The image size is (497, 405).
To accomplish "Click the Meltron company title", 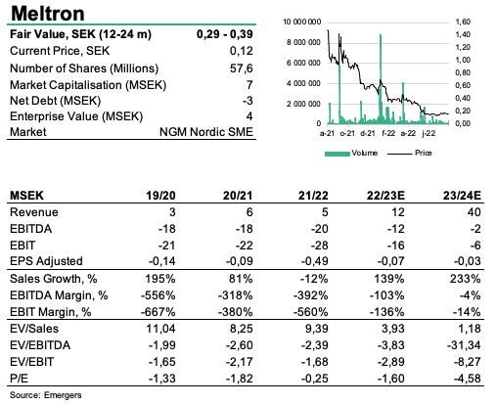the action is [x=48, y=14].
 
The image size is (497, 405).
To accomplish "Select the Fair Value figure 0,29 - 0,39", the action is [x=225, y=34].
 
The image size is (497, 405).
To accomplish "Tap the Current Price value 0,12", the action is [x=242, y=51].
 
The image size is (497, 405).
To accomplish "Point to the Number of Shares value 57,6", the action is [x=242, y=68].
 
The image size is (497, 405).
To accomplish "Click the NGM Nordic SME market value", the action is [x=206, y=132].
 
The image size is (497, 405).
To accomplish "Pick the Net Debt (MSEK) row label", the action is [x=55, y=101].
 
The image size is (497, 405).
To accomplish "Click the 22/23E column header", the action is [x=385, y=196].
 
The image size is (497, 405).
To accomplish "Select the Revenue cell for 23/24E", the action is [x=474, y=212].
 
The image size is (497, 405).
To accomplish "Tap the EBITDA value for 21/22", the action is [x=319, y=229].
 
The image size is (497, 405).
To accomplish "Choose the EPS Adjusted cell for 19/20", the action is [x=161, y=261].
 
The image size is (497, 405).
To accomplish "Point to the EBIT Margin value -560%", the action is [x=311, y=312].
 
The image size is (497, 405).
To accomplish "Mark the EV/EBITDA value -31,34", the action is [x=464, y=345].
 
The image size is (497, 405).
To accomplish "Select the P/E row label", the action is [x=20, y=379].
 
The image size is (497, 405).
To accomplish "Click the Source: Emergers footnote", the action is [x=46, y=395].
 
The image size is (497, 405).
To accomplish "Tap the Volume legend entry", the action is [x=351, y=153].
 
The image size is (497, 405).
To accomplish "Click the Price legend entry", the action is [x=410, y=153].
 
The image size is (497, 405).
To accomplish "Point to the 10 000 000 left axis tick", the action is [x=302, y=22].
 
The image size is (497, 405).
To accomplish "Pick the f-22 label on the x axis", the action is [x=388, y=133].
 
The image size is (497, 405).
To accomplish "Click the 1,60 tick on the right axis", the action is [x=463, y=22].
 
